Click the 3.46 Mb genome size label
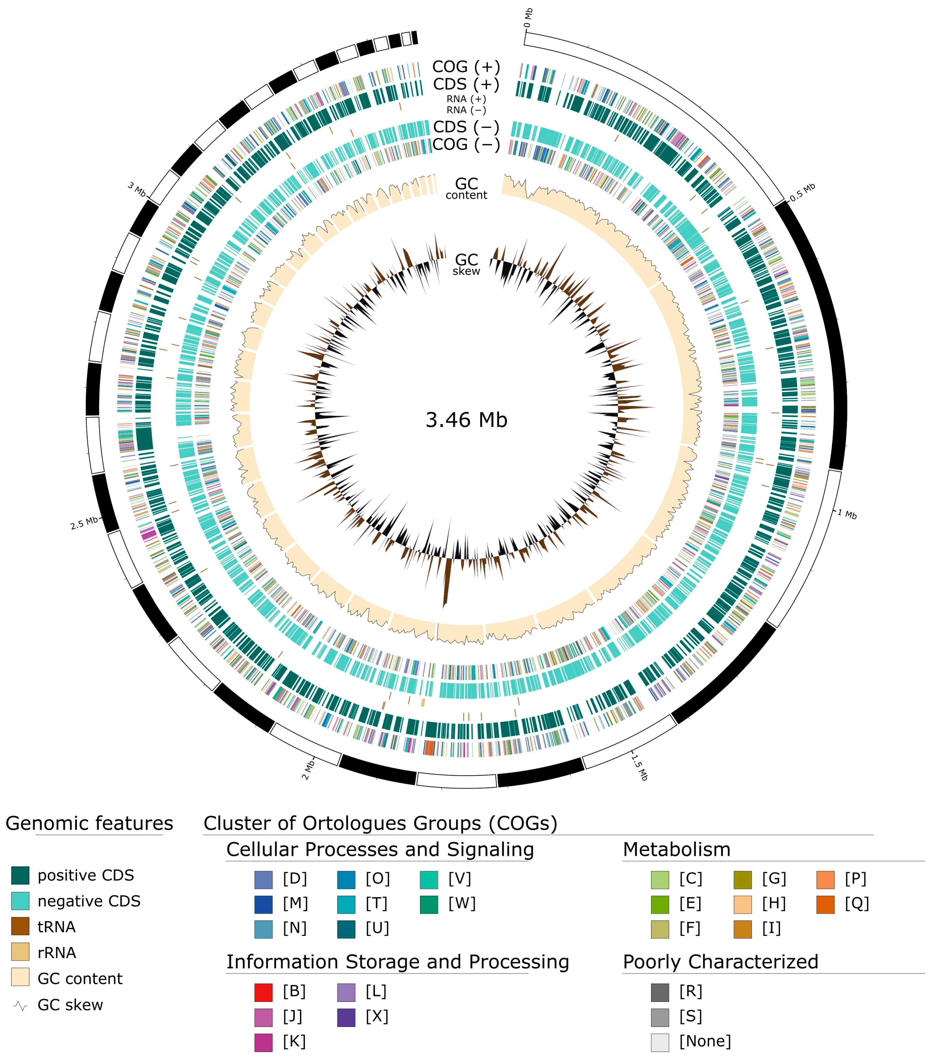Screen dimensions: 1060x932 coord(466,420)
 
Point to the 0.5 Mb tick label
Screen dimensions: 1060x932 coord(802,192)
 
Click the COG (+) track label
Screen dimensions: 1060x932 coord(466,67)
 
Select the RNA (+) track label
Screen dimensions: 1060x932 coord(466,98)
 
